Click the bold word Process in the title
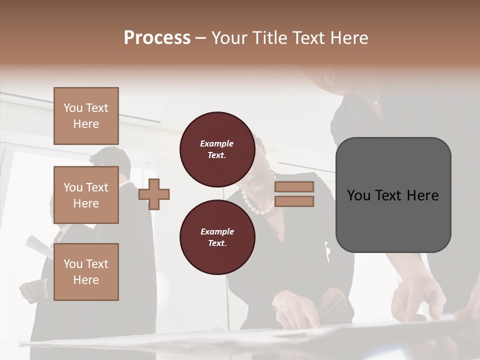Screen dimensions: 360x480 point(157,38)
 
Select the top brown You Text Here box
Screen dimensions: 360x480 point(86,116)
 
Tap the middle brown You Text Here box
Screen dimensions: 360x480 point(86,195)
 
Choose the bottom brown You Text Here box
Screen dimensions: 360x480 point(86,271)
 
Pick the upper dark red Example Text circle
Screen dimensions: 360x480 point(217,149)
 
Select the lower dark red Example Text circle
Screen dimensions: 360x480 point(217,237)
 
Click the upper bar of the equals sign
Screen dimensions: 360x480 point(294,186)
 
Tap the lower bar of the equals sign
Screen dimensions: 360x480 point(294,201)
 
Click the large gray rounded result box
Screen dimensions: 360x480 point(393,195)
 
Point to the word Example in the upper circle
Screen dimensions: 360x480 point(217,143)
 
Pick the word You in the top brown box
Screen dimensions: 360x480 point(73,108)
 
